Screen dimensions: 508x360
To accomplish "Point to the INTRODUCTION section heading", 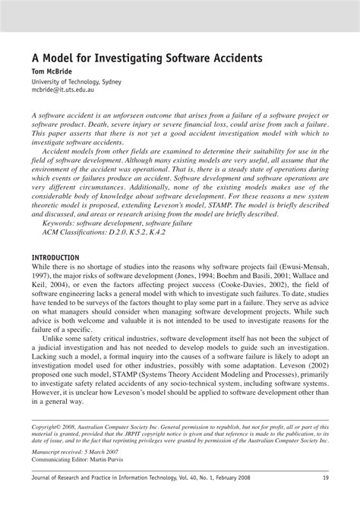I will click(x=55, y=257).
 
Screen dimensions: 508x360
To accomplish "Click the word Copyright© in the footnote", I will click(x=49, y=428).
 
